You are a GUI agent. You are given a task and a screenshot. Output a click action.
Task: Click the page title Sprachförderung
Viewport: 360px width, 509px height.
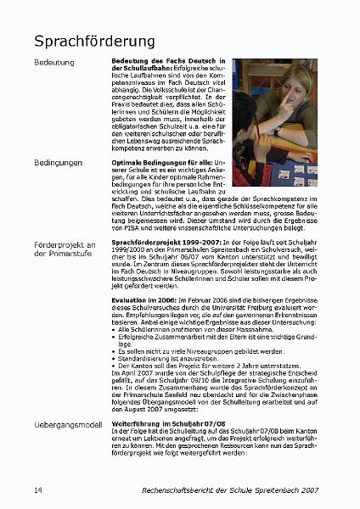pyautogui.click(x=94, y=41)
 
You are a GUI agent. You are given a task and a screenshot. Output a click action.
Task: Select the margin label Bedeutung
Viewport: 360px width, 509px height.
pyautogui.click(x=53, y=63)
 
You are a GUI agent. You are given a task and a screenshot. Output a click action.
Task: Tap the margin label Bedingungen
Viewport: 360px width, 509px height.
pyautogui.click(x=59, y=161)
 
